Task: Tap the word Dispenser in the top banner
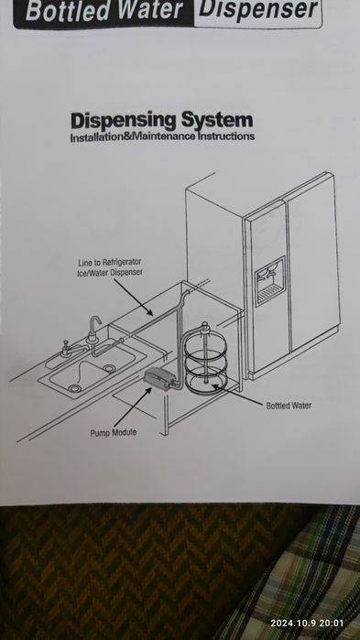click(258, 9)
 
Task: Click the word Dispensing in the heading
click(124, 122)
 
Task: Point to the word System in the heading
click(217, 121)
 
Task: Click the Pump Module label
click(113, 433)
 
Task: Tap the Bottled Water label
click(289, 406)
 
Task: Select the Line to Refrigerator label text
click(110, 262)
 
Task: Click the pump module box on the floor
click(159, 376)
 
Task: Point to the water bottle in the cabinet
click(205, 358)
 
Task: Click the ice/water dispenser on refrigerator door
click(270, 281)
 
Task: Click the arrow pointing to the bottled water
click(236, 396)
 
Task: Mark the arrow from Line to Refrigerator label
click(133, 298)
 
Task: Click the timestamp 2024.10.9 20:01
click(307, 624)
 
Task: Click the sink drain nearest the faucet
click(109, 369)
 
